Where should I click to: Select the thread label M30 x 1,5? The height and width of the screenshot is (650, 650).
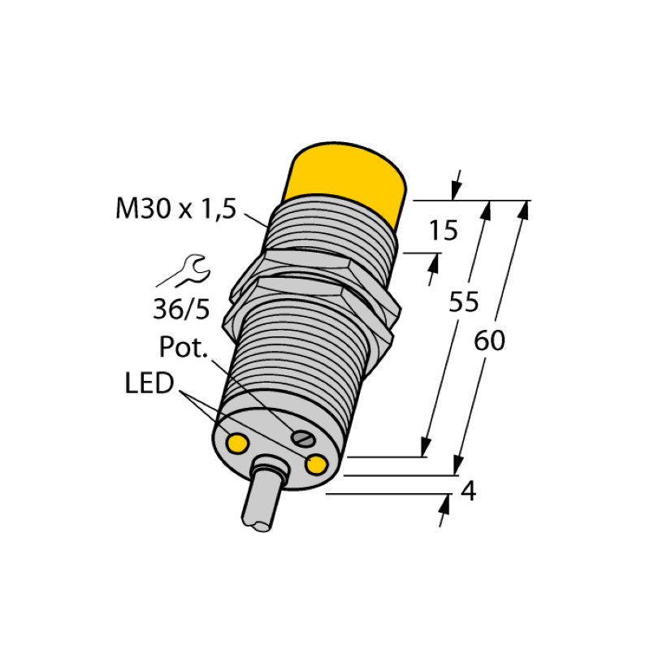[x=175, y=210]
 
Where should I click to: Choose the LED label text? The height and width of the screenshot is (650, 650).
[x=149, y=383]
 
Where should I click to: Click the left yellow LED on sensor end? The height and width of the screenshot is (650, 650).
[x=238, y=443]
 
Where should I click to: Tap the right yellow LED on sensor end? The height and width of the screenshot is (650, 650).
[x=316, y=464]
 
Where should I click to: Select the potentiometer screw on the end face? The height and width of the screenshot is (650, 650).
[x=304, y=440]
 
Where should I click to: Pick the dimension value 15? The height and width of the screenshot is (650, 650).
[x=444, y=232]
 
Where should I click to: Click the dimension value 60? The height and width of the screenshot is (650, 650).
[x=489, y=341]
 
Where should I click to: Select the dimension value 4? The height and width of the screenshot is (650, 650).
[x=467, y=492]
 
